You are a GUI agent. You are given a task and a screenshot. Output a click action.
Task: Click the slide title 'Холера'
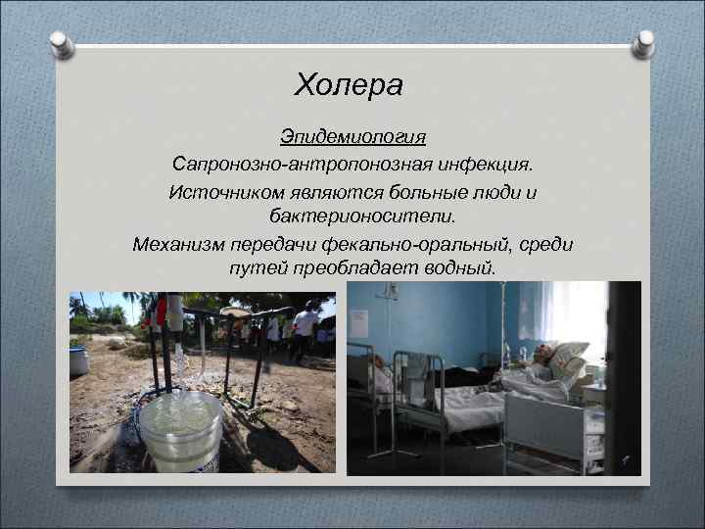349,86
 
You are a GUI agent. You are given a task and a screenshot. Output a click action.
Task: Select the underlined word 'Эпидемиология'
352,134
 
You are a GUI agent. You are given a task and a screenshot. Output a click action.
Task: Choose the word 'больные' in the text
416,192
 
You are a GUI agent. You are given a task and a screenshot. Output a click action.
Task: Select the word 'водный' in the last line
461,266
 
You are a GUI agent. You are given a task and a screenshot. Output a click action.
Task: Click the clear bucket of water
181,431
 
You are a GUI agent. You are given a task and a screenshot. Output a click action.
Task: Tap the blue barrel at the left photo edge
78,360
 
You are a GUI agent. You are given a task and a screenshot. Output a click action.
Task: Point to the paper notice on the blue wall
359,322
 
